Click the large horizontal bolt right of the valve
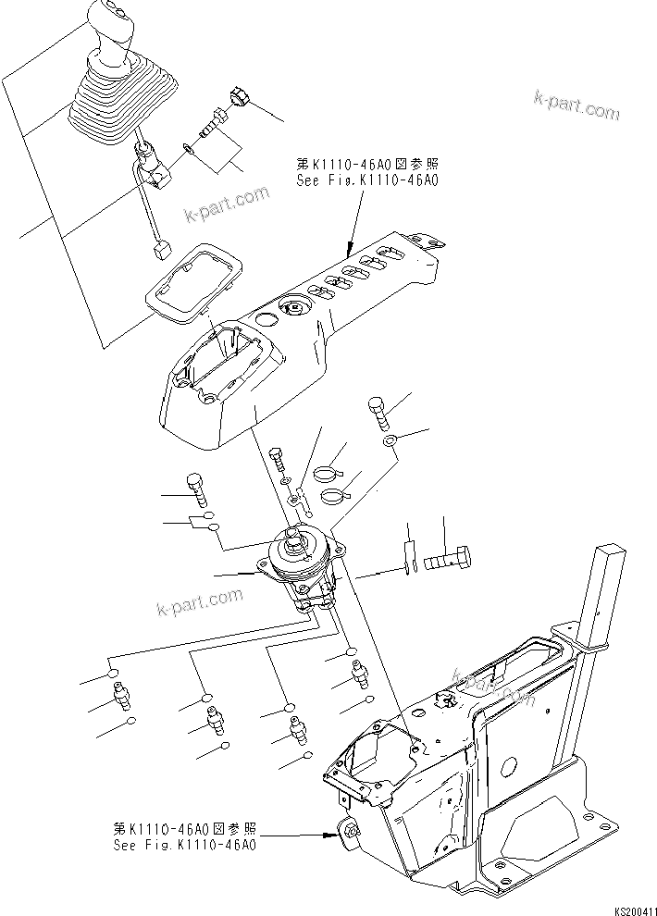(448, 560)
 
